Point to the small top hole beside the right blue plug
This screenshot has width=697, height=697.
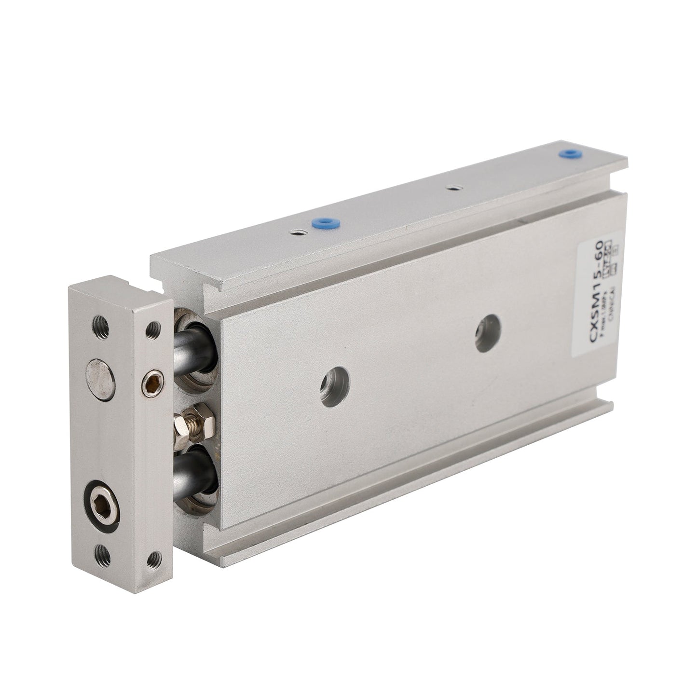click(x=452, y=187)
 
